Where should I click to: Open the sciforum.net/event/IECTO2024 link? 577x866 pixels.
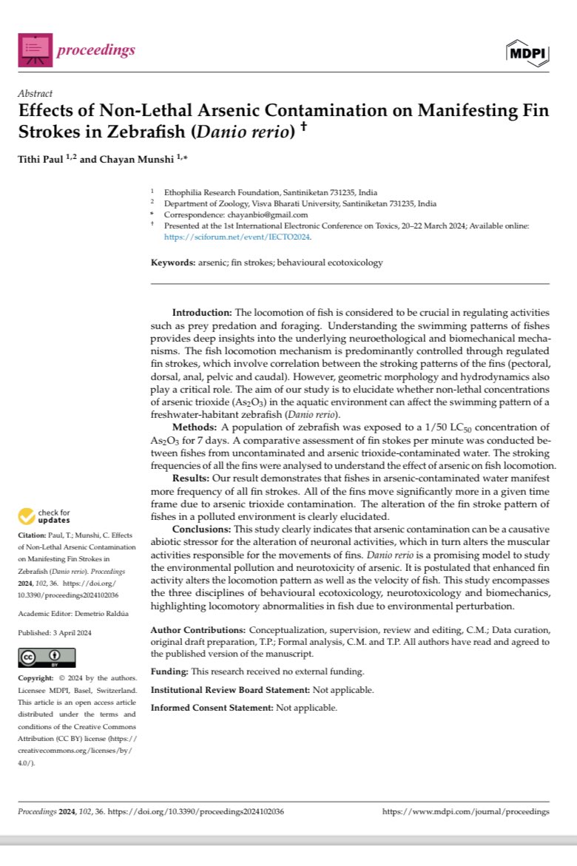237,237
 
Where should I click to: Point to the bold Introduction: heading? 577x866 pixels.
203,314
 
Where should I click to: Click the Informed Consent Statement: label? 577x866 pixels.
212,708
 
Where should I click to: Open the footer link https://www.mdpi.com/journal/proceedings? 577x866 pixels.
465,811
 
